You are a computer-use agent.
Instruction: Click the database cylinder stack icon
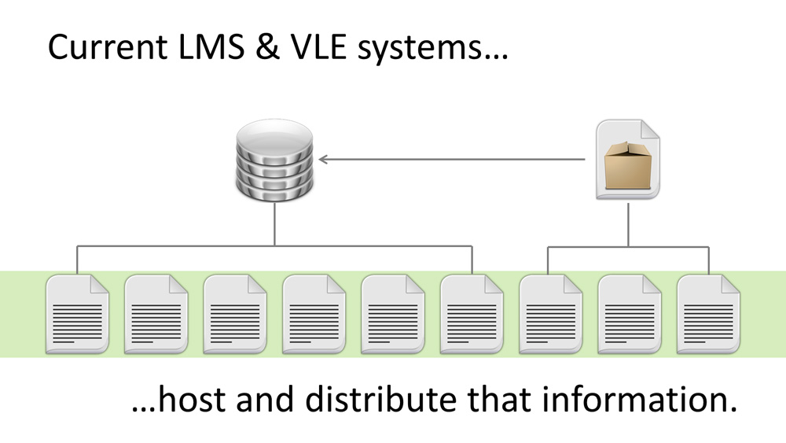[274, 159]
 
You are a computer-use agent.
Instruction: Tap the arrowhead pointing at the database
[324, 160]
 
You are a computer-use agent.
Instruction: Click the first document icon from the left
[78, 312]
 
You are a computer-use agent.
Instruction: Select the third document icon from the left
[235, 312]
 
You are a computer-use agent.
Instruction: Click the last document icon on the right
[708, 312]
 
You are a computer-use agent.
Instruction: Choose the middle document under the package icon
[629, 312]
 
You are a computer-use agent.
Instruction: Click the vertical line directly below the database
[274, 223]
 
